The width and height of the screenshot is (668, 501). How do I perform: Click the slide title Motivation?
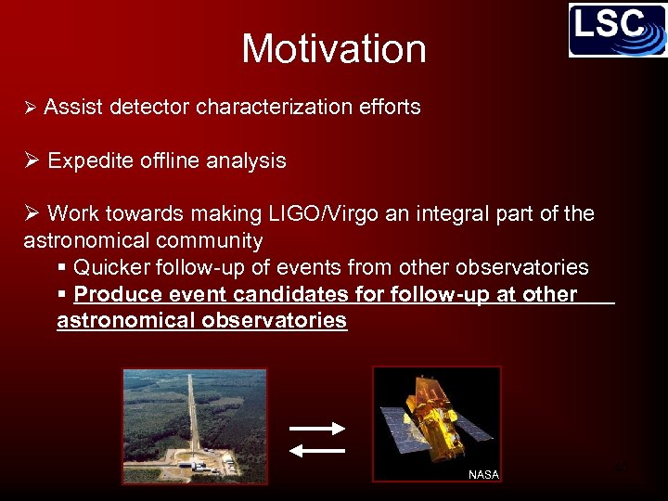(x=334, y=48)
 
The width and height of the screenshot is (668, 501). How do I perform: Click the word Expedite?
(x=89, y=161)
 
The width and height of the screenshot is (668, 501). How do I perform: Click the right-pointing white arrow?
(x=317, y=428)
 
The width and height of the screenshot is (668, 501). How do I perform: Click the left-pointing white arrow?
(x=317, y=450)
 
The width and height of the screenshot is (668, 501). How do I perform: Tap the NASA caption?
(x=483, y=474)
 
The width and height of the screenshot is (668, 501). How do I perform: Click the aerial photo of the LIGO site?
(x=195, y=425)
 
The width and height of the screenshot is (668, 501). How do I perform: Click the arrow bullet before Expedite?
(x=32, y=161)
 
